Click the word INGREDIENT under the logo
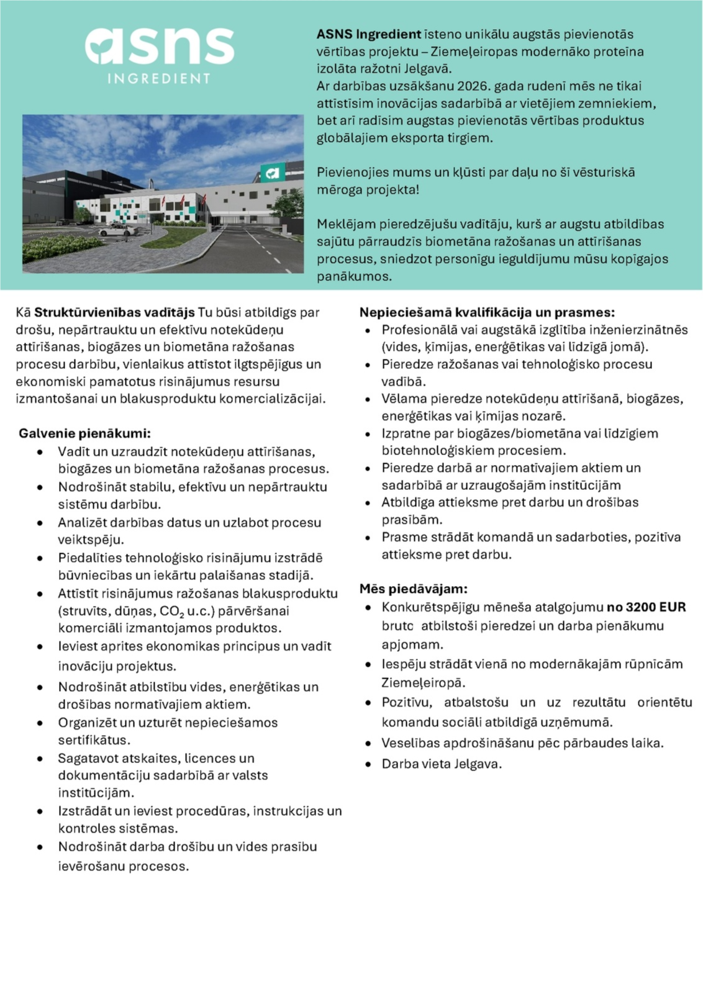160,79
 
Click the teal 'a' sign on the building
272,173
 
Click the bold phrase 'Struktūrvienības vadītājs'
114,312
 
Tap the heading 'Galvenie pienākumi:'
84,433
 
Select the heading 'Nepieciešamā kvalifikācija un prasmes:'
487,312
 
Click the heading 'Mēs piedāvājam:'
413,588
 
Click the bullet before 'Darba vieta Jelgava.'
369,764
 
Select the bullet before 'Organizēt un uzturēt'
41,723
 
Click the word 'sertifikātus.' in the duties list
94,740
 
